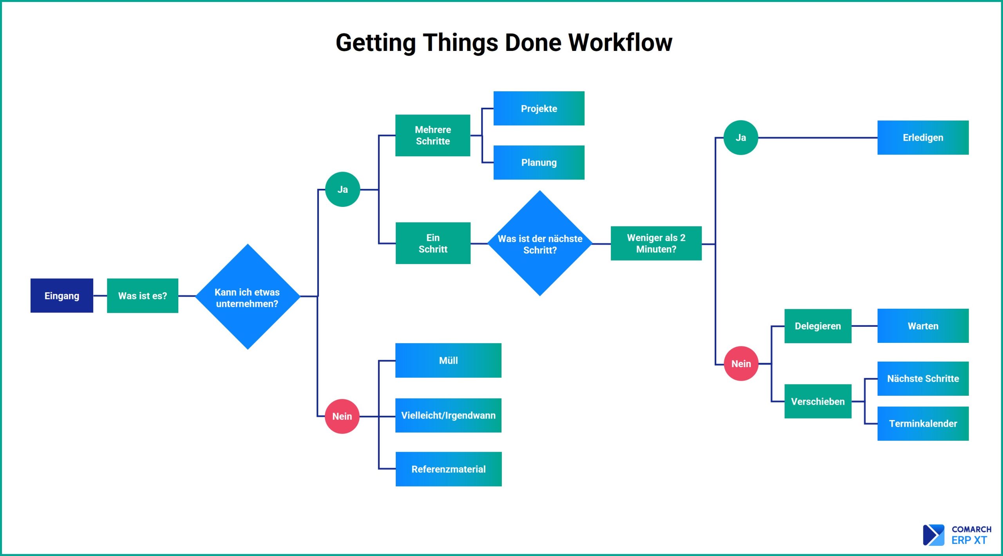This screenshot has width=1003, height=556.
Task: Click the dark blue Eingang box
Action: point(62,295)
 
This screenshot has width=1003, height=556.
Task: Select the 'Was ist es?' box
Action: point(143,295)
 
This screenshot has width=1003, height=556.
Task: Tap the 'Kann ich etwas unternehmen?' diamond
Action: point(248,297)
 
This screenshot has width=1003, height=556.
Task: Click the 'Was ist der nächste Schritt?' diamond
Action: point(540,243)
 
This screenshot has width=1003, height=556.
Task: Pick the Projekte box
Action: point(539,109)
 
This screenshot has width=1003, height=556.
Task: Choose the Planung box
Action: point(539,163)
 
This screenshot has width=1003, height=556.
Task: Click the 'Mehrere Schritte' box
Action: point(433,135)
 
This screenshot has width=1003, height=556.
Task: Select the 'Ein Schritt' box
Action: point(433,243)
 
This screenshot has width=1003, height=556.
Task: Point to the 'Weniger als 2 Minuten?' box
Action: point(656,243)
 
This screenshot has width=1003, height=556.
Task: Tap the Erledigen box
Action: point(923,138)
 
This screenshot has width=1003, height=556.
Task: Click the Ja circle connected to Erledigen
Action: point(740,138)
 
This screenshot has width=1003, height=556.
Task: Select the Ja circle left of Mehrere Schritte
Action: point(342,189)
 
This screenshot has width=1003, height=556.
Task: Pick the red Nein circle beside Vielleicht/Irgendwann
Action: point(342,416)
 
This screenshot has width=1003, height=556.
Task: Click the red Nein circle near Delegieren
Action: point(741,364)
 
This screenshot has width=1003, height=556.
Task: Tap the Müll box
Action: point(448,360)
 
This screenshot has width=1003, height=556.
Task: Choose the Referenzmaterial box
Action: point(449,469)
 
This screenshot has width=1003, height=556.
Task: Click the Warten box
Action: point(923,326)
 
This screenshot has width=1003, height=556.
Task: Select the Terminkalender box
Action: point(923,424)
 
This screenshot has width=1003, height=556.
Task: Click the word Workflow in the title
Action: point(620,42)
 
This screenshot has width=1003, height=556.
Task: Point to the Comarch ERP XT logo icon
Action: point(934,535)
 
